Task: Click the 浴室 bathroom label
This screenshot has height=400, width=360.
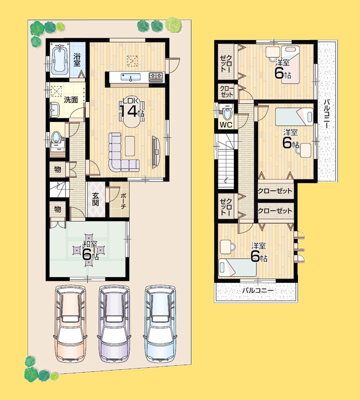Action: coord(77,60)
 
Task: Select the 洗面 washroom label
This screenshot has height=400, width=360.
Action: coord(71,100)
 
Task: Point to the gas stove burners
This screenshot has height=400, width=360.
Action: coord(156,76)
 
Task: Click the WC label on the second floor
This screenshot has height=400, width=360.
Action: coord(226,125)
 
